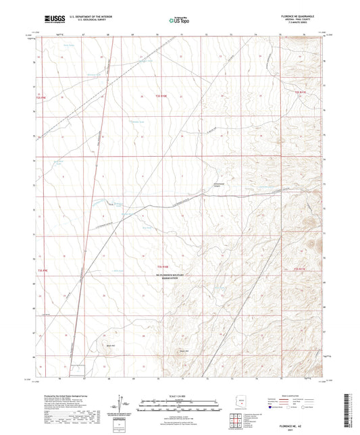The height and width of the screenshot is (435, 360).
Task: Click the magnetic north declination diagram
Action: [124, 405]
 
